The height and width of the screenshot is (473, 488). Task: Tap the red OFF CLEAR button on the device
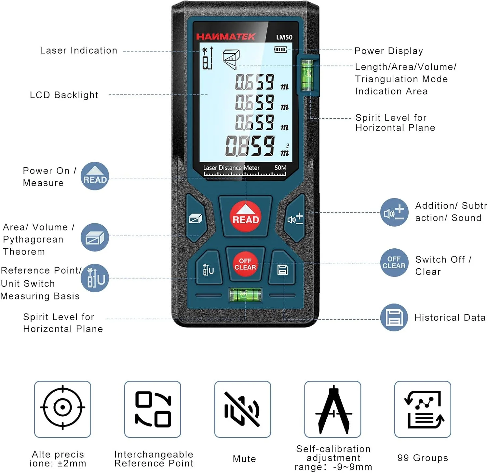(x=245, y=264)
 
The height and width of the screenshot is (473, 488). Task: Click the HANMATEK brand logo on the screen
(x=226, y=36)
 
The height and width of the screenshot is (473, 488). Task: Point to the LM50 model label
(x=284, y=37)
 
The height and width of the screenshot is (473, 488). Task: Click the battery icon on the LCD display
(x=280, y=50)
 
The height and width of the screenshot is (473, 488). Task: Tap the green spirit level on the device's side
(x=307, y=75)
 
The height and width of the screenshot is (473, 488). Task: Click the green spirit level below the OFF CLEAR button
(x=245, y=295)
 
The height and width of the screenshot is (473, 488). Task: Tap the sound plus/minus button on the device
(x=295, y=218)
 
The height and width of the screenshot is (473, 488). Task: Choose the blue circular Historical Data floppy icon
(x=394, y=317)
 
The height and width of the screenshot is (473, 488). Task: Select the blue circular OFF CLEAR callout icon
(x=394, y=263)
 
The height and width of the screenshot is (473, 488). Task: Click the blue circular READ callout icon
(x=95, y=176)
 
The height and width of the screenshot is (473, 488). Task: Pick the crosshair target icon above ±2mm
(x=62, y=407)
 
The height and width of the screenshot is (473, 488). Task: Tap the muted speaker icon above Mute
(x=242, y=409)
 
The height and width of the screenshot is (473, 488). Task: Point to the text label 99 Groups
(x=423, y=458)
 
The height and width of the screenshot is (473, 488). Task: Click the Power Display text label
(x=388, y=51)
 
